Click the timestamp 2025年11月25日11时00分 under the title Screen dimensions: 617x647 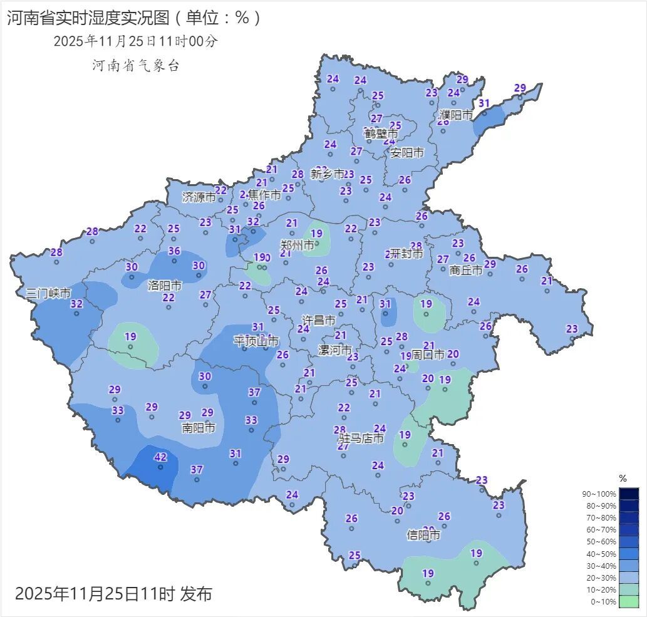135,41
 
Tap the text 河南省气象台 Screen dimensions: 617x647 136,65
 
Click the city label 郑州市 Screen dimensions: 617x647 298,246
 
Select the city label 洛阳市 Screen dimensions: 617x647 164,286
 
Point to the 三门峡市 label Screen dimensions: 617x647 48,293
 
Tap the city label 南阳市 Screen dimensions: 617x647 199,428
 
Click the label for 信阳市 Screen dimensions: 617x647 423,535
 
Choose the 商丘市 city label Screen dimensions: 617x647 466,270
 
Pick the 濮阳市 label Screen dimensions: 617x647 456,115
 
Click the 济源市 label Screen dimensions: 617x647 199,197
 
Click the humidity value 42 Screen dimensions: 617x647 160,457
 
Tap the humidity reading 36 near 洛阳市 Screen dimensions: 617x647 174,251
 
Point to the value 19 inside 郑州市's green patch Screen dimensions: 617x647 317,234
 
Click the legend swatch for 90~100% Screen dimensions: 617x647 629,494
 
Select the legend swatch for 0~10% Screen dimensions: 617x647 629,601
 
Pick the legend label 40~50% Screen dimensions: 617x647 599,554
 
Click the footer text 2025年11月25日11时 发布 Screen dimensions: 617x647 113,593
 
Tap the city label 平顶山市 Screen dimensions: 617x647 256,340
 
